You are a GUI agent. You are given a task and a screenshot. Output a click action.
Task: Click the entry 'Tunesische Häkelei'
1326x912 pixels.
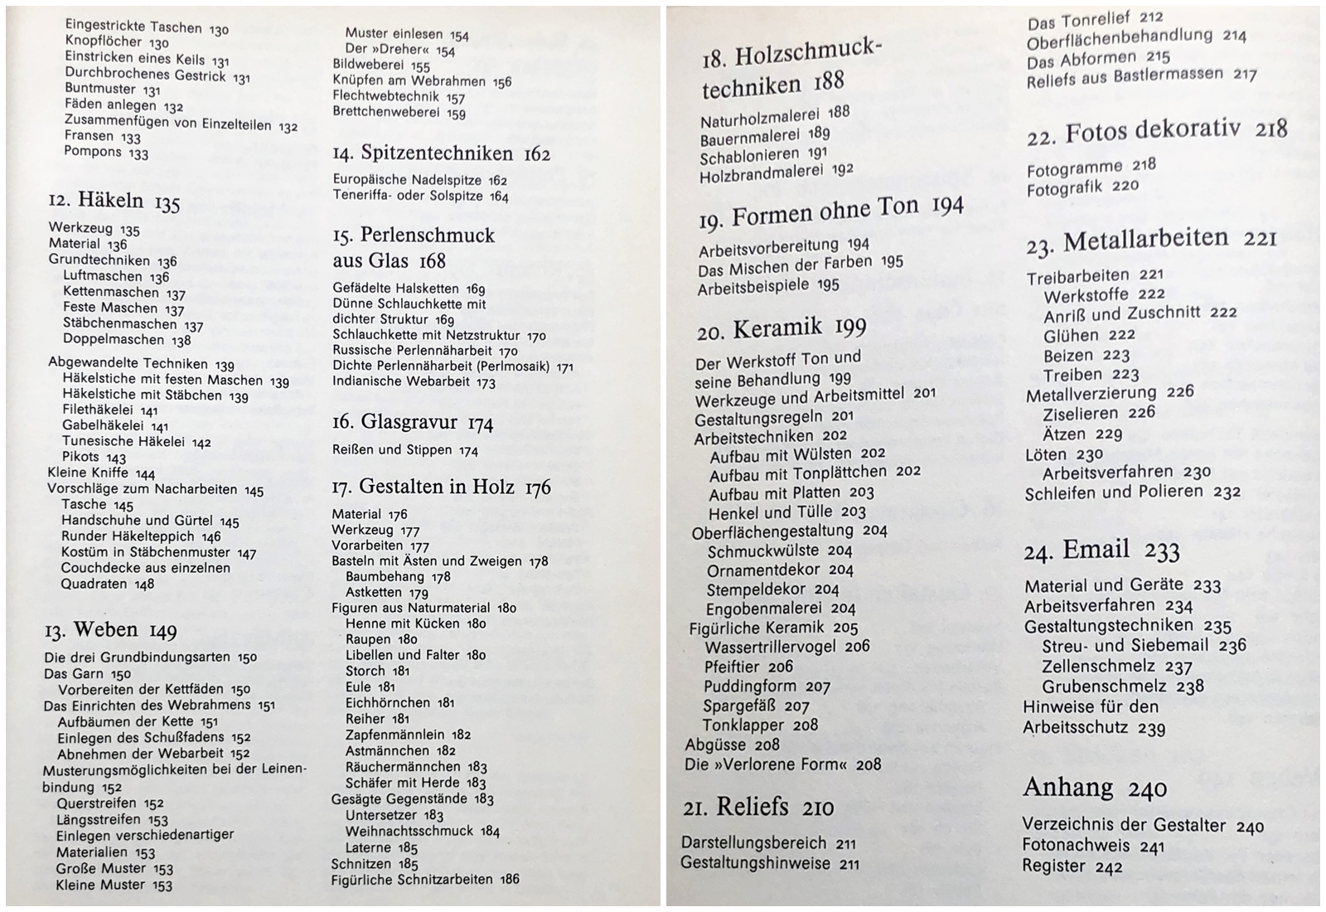click(123, 442)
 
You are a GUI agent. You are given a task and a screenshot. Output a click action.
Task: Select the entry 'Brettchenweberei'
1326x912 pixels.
click(386, 113)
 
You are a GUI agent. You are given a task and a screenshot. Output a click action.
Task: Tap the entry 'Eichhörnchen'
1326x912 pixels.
click(388, 703)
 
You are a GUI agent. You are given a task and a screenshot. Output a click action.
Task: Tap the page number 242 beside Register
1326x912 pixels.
click(1108, 867)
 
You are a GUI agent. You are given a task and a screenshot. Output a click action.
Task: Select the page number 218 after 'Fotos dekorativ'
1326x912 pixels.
click(1270, 129)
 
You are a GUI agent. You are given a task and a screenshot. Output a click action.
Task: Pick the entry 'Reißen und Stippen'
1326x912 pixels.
click(392, 450)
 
